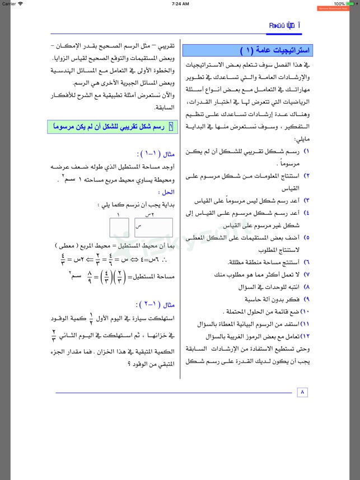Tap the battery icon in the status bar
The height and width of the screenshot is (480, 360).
coord(352,3)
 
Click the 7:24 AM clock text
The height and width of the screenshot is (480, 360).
coord(180,3)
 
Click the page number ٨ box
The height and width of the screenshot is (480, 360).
coord(302,392)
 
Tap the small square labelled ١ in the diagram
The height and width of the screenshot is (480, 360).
coord(119,228)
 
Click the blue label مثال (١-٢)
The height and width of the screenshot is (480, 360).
coord(160,305)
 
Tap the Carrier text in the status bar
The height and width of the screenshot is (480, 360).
coord(9,3)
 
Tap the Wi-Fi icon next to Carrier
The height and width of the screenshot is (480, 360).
coord(21,3)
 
